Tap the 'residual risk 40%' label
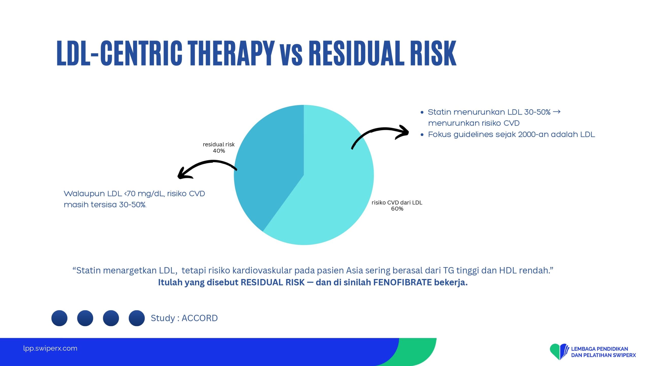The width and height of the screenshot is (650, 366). (x=219, y=148)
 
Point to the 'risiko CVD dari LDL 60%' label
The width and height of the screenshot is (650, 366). (x=397, y=206)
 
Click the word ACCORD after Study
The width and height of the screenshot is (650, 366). (x=200, y=318)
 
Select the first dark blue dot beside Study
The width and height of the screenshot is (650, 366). (x=59, y=318)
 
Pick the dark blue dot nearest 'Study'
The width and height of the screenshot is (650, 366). (x=137, y=318)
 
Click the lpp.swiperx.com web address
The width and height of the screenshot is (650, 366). (x=50, y=348)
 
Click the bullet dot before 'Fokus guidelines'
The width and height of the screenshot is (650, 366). (x=422, y=135)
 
